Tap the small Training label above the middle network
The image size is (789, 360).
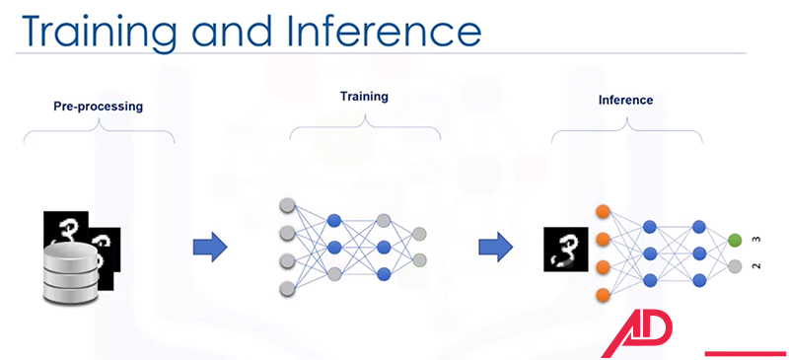click(365, 97)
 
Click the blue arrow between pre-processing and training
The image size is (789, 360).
click(209, 246)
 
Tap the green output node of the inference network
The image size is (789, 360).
click(734, 239)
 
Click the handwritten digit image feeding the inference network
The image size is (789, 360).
click(564, 249)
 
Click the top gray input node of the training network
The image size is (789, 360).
click(288, 207)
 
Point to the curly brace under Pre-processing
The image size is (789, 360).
click(99, 130)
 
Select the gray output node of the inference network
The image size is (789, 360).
click(734, 266)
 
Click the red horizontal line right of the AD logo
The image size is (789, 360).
click(746, 351)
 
